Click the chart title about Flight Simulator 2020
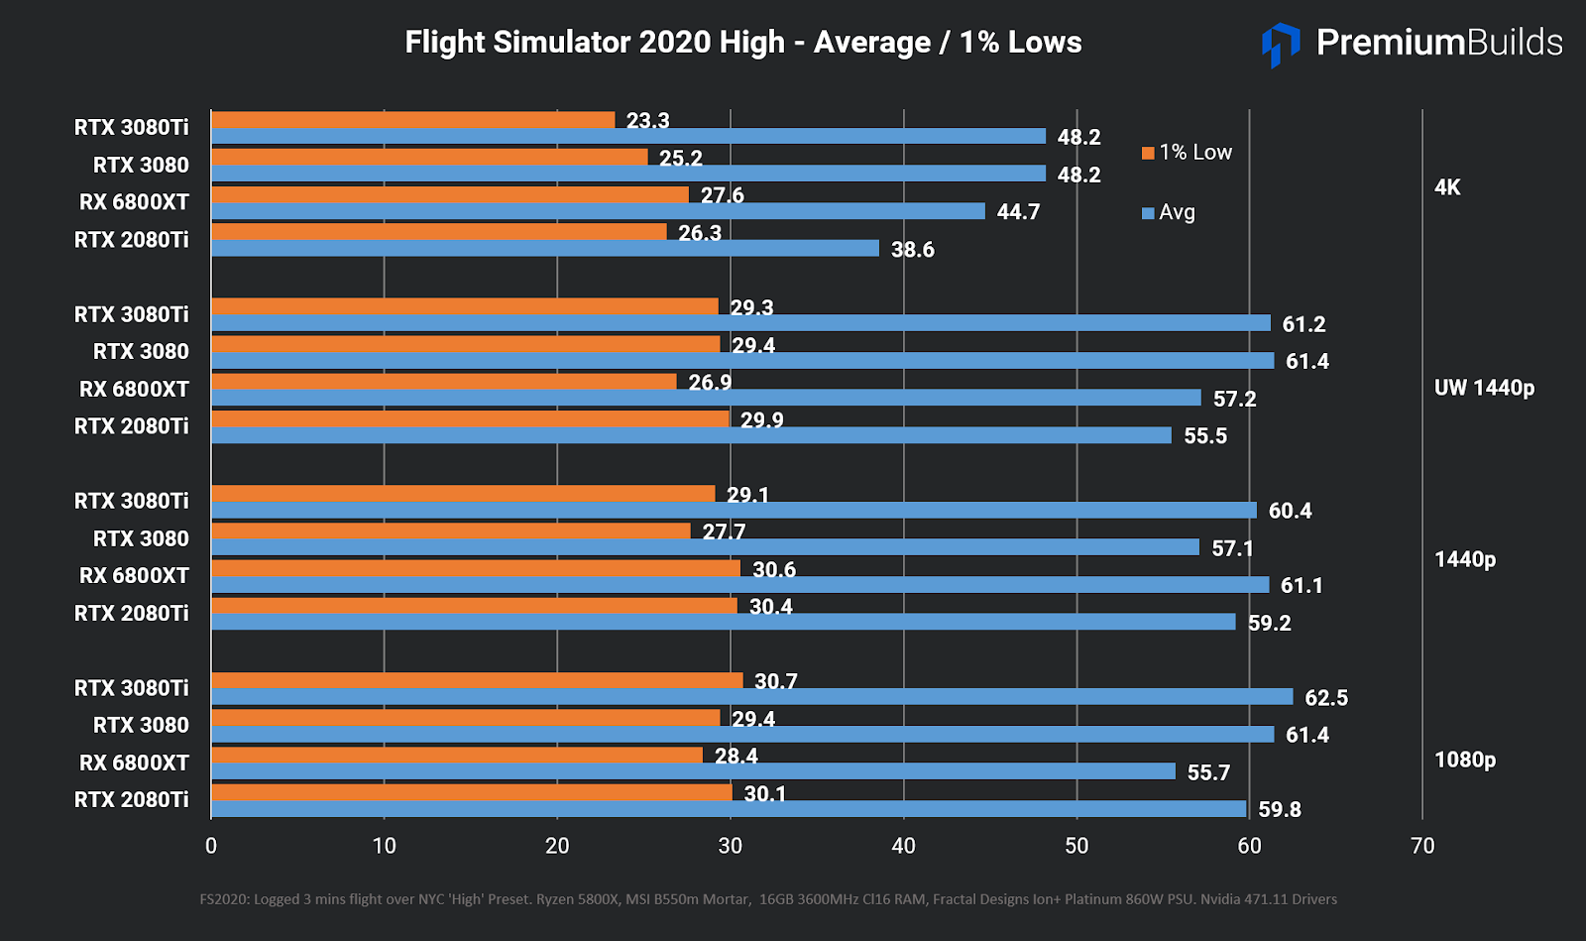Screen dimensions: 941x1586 coord(743,43)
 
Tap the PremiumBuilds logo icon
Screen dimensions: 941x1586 coord(1281,44)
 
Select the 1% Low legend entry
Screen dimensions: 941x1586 coord(1187,153)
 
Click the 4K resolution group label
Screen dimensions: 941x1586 coord(1447,187)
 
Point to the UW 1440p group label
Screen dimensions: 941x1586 coord(1484,388)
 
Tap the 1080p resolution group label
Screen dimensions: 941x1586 coord(1465,760)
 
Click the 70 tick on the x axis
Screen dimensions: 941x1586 coord(1422,846)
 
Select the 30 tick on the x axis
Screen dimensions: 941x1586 coord(731,846)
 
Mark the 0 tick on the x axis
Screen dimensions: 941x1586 coord(211,846)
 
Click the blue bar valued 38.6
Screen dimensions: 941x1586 coord(545,248)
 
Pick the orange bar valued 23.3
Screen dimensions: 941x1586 coord(413,120)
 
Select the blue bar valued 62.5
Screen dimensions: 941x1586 coord(751,697)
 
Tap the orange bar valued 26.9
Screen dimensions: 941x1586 coord(444,382)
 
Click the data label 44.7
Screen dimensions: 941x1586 coord(1018,212)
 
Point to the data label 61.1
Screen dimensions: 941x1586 coord(1302,586)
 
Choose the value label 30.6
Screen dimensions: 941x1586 coord(774,570)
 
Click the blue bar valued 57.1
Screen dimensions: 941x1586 coord(705,547)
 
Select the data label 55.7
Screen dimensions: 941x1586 coord(1208,772)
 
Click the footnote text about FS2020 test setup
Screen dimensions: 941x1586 coord(768,899)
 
